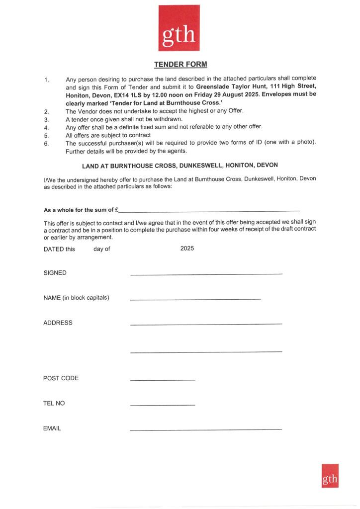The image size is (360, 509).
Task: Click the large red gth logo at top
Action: (180, 28)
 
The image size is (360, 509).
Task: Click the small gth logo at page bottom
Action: (330, 476)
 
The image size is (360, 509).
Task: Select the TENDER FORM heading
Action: (180, 65)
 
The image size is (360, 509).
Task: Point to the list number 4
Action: (46, 127)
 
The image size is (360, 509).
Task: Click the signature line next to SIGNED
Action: (206, 274)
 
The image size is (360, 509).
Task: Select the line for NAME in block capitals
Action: (195, 299)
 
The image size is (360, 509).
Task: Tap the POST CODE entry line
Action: (162, 380)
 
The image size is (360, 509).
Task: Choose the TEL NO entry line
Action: (162, 405)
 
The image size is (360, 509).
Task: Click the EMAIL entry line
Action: (205, 429)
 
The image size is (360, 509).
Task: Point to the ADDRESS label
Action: (58, 323)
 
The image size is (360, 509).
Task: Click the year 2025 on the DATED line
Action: (187, 248)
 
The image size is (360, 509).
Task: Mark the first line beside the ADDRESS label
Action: (206, 324)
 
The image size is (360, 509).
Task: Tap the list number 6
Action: (46, 143)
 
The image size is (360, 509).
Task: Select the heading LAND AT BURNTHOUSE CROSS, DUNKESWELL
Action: (180, 166)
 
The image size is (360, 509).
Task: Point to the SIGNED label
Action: (55, 273)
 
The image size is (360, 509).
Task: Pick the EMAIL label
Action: (52, 428)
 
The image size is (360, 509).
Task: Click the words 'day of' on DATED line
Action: (101, 249)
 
